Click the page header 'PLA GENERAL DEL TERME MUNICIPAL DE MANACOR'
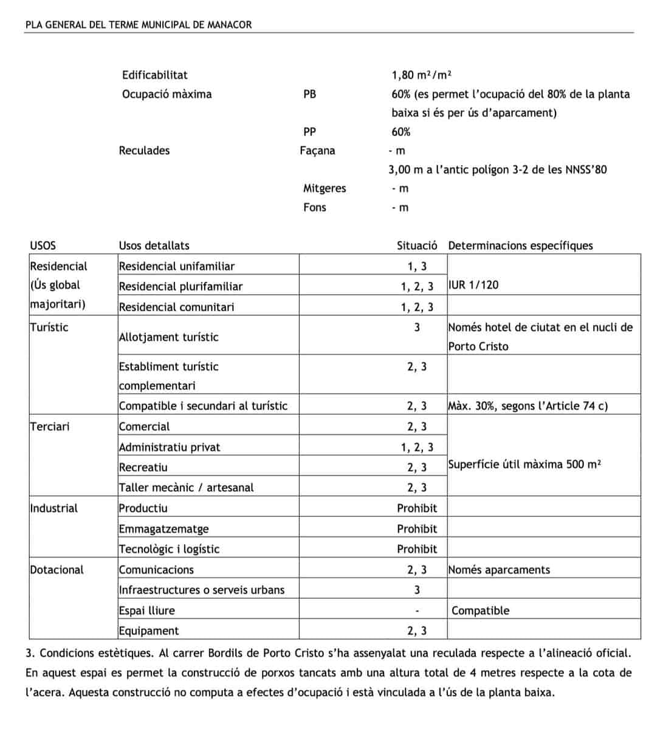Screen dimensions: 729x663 tap(139, 25)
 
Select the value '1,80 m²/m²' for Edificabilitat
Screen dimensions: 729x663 tap(421, 75)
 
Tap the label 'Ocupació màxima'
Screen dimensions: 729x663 tap(167, 94)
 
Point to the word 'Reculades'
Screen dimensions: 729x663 tap(144, 151)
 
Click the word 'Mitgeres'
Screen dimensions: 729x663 tap(325, 188)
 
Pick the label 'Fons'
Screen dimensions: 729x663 tap(315, 207)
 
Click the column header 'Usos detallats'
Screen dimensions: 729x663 tap(154, 245)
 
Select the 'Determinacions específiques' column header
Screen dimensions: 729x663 tap(520, 245)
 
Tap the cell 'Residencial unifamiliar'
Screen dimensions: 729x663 tap(176, 266)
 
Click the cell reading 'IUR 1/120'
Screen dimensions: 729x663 tap(473, 285)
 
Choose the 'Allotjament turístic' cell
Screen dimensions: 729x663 tap(168, 337)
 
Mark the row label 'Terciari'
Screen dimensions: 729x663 tap(50, 426)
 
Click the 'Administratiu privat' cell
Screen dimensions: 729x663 tap(170, 447)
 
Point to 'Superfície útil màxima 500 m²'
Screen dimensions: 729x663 tap(524, 465)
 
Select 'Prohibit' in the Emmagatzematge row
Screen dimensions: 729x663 tap(417, 529)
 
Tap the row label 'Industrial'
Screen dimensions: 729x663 tap(53, 508)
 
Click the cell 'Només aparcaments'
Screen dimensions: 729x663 tap(499, 570)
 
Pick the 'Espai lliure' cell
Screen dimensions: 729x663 tap(146, 611)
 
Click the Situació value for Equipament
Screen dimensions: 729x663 tap(417, 631)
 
